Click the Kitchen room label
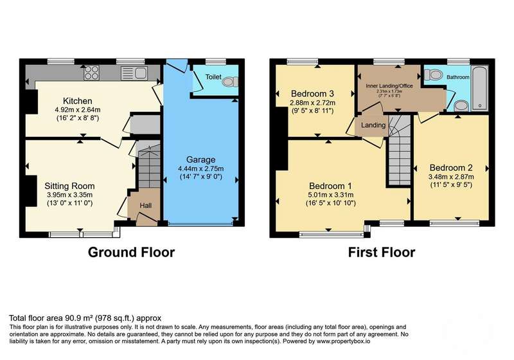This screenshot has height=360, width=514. tap(77, 101)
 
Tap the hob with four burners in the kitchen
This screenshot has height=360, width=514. tap(91, 73)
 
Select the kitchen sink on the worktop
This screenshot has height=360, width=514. tap(134, 73)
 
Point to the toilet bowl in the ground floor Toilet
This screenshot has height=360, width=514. tap(231, 81)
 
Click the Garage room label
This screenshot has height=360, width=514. tap(200, 159)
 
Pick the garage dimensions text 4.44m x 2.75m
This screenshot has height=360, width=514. tap(200, 168)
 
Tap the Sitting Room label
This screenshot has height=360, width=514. tap(69, 186)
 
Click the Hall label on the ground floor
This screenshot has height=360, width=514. tap(146, 206)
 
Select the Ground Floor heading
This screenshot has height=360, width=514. tap(131, 252)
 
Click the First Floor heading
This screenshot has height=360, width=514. tap(381, 252)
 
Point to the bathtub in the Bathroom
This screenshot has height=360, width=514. tap(479, 88)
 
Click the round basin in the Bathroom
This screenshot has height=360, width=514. tap(461, 105)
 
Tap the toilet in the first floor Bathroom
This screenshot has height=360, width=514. tap(433, 75)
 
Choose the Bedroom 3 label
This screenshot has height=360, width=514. tap(312, 94)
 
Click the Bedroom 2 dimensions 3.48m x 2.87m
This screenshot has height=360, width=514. tap(451, 177)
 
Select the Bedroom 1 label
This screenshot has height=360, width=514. tap(330, 186)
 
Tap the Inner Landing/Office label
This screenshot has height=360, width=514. tap(389, 86)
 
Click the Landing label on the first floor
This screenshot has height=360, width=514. tap(373, 125)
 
